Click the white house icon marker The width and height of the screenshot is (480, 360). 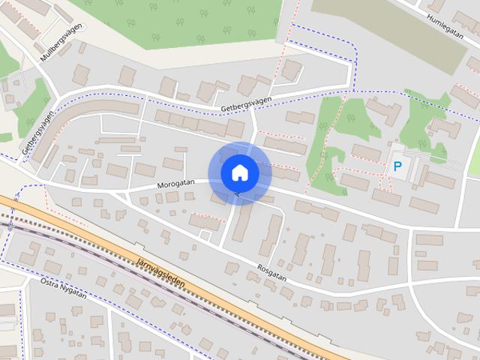point(239,172)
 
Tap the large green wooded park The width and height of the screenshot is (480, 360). point(202,22)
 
